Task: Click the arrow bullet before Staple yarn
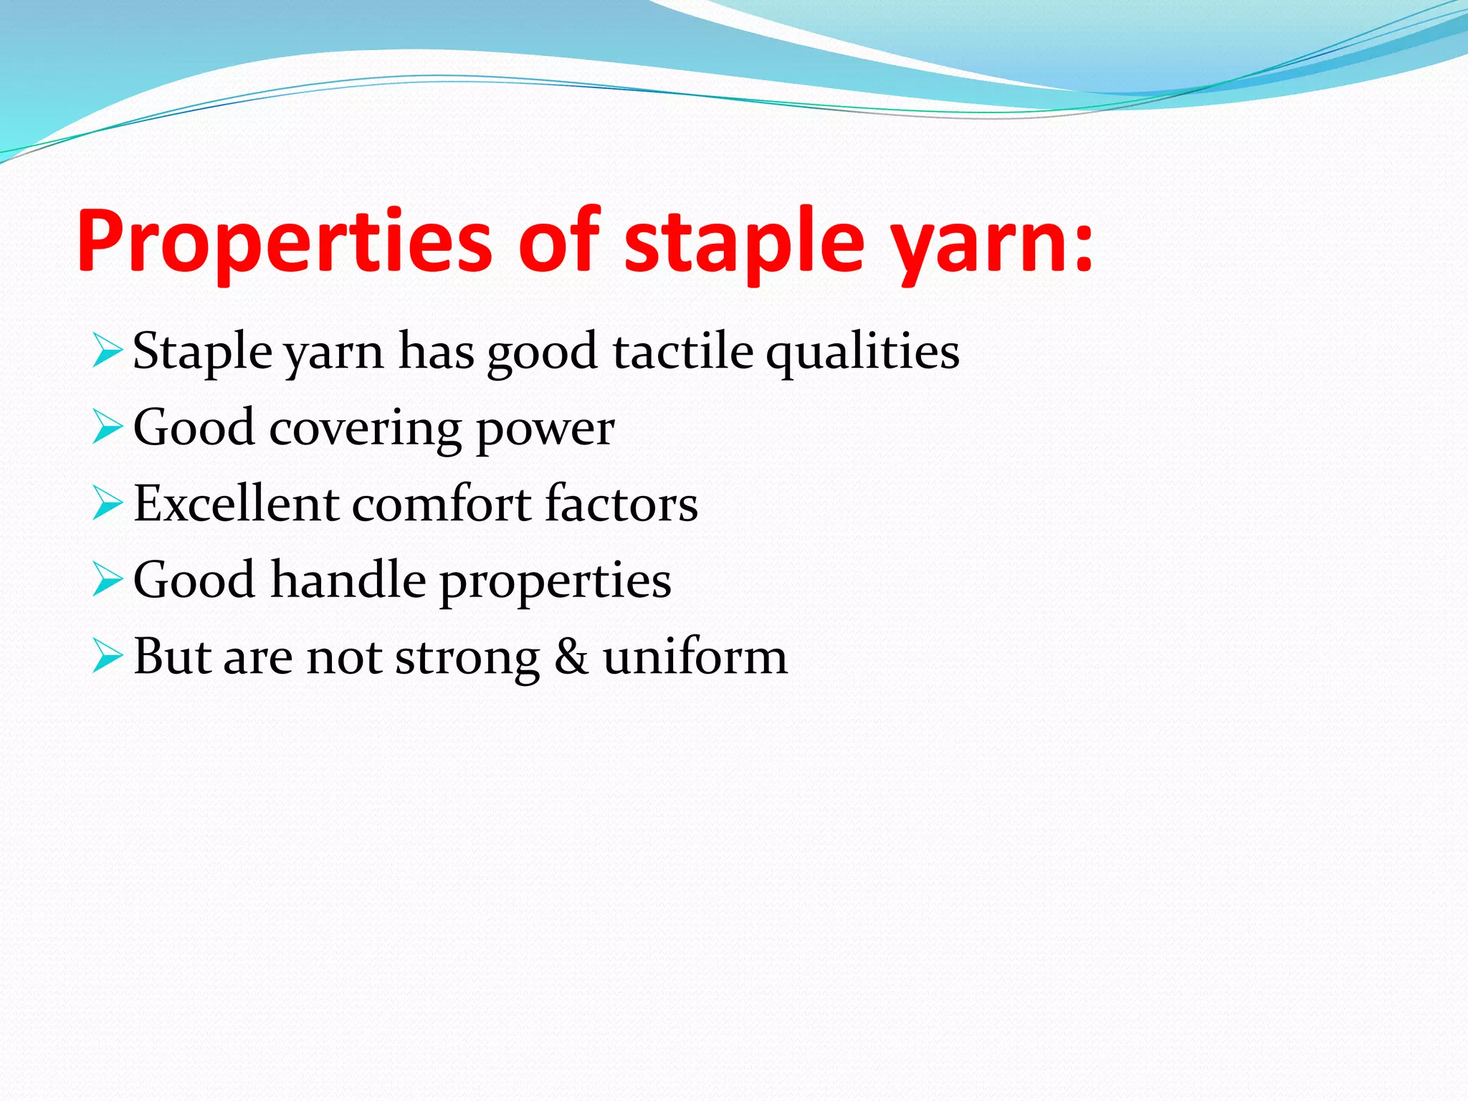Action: click(108, 352)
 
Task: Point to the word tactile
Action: click(683, 352)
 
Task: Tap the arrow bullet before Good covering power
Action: click(108, 428)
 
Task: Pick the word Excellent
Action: click(236, 503)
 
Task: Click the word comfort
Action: click(442, 503)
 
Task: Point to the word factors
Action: click(621, 503)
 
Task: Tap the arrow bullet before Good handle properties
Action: click(108, 580)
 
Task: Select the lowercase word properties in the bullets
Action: click(556, 583)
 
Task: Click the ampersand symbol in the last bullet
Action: click(571, 657)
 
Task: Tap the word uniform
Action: click(695, 657)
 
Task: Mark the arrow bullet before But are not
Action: click(108, 657)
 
